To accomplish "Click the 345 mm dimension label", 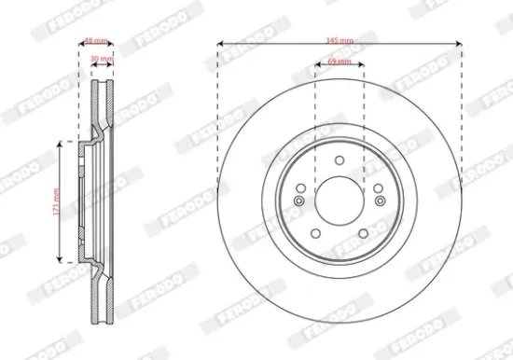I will pos(340,40).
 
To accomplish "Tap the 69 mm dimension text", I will pos(340,62).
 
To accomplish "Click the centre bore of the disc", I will pos(340,200).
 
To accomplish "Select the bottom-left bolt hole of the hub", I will pos(315,233).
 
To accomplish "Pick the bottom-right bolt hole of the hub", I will pos(364,233).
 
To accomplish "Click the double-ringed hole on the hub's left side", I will pos(299,201).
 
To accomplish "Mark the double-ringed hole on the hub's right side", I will pos(380,201).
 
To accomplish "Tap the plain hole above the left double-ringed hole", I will pos(300,188).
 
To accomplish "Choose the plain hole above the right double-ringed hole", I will pos(379,188).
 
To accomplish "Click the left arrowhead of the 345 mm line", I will pos(221,43).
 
